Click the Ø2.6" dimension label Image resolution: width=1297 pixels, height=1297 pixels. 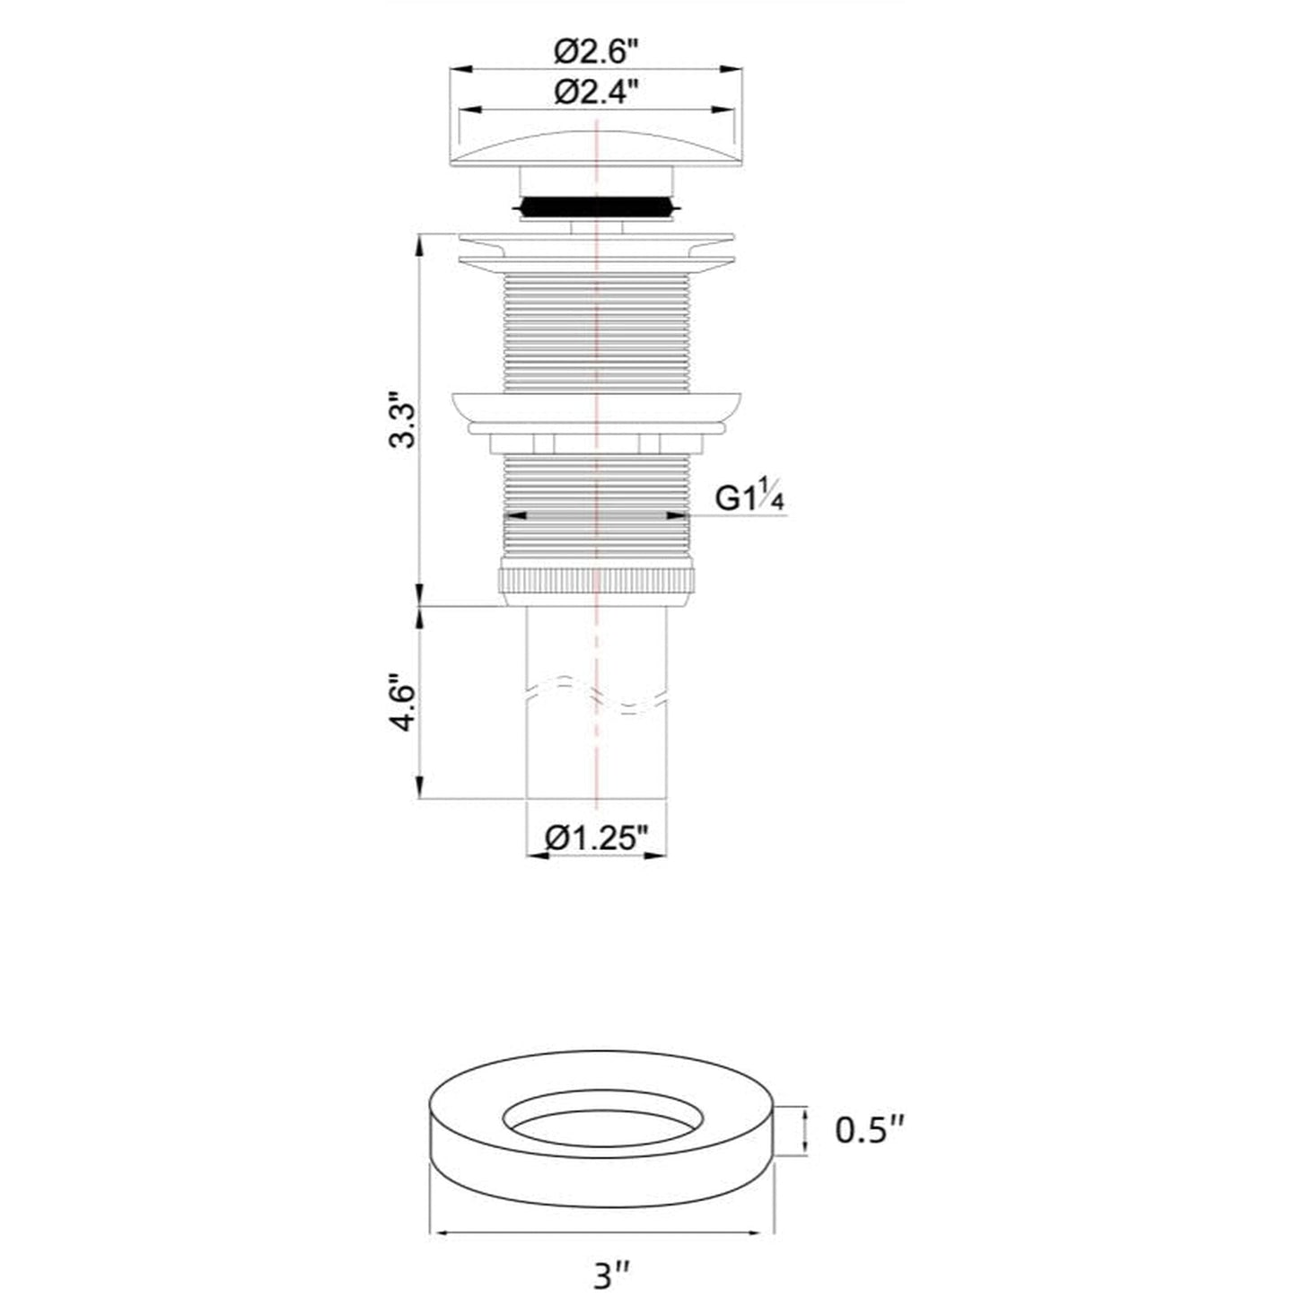click(596, 52)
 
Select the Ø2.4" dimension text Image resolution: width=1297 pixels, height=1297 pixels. click(596, 92)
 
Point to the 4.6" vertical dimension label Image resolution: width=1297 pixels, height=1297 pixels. click(405, 707)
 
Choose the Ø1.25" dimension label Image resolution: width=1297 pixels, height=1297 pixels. click(596, 838)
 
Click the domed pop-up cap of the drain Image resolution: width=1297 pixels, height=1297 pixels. click(596, 146)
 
